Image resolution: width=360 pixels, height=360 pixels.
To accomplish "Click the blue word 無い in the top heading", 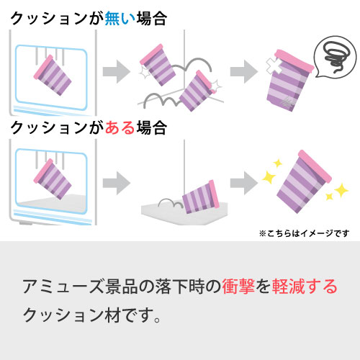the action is coord(120,19).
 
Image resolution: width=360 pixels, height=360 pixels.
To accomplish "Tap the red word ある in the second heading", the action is coord(120,127).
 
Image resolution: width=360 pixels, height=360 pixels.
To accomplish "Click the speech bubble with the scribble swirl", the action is coord(336,57).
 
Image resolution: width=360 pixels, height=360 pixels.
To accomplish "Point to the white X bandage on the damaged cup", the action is coord(274,65).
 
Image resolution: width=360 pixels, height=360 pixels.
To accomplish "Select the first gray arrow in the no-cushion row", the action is coord(117,71).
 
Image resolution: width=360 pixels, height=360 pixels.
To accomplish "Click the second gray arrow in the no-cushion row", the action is coord(244,71).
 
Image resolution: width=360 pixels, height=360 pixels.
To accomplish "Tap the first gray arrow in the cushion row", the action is coord(117,183).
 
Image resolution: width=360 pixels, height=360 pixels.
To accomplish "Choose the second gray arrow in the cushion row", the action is coord(244,183).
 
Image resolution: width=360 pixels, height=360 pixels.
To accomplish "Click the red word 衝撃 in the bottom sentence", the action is coord(238,287).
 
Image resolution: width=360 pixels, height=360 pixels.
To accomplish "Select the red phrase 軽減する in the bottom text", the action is coord(305,287).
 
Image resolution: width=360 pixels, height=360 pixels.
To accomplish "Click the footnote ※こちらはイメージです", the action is coord(304,233).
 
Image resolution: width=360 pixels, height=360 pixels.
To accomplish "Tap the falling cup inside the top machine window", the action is coord(53,75).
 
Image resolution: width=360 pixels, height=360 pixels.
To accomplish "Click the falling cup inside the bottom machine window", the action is coord(53,179).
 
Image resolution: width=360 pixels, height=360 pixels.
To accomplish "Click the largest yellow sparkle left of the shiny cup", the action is coord(269,177).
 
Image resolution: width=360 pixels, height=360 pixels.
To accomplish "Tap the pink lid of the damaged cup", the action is coord(294,61).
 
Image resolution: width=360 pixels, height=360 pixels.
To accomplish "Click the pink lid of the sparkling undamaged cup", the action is coord(315,166).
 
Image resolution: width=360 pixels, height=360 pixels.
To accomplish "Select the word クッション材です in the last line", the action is coord(92,315).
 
